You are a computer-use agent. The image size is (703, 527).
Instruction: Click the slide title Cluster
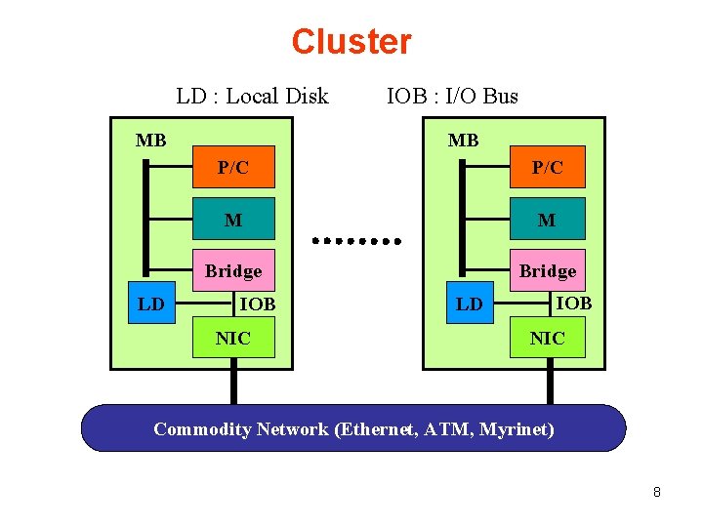[x=351, y=42]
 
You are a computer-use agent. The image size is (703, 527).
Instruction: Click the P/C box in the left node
[x=233, y=167]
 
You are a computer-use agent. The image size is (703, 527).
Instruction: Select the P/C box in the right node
[x=547, y=167]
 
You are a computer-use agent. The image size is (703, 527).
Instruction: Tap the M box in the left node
[x=233, y=220]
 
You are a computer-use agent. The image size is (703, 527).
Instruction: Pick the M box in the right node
[x=547, y=220]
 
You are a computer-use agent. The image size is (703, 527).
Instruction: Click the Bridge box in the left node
[x=233, y=270]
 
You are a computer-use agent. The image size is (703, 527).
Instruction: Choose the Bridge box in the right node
[x=547, y=270]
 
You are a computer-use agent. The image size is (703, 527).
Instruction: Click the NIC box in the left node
[x=233, y=338]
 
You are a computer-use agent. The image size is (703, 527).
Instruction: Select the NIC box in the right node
[x=547, y=338]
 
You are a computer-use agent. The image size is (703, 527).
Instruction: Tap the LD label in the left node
[x=151, y=304]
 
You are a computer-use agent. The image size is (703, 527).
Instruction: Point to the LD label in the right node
[x=470, y=304]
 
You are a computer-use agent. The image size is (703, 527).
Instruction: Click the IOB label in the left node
[x=258, y=304]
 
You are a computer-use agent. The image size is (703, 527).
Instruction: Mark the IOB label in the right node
[x=573, y=303]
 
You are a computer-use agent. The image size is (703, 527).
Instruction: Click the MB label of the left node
[x=150, y=141]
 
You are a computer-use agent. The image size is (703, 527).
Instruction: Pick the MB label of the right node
[x=463, y=141]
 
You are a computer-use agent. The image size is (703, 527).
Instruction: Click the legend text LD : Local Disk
[x=252, y=96]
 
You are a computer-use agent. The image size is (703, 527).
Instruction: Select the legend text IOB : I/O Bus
[x=452, y=96]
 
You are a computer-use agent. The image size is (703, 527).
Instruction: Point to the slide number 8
[x=657, y=492]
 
